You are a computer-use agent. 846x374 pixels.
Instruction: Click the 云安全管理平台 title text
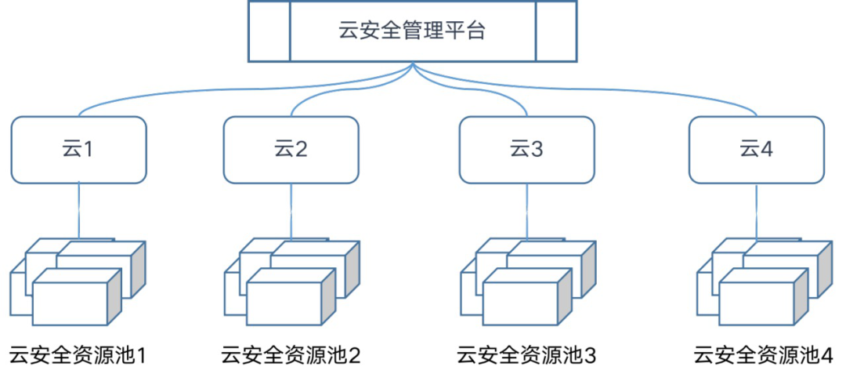(x=412, y=31)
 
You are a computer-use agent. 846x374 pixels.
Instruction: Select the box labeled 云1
(x=78, y=149)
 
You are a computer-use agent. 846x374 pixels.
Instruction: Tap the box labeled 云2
(x=291, y=149)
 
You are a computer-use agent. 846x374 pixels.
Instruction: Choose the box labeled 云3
(x=526, y=149)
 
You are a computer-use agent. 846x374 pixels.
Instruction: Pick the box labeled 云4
(x=756, y=149)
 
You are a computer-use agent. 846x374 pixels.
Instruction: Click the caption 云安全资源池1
(x=78, y=355)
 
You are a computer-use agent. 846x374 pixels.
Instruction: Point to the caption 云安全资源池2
(x=291, y=355)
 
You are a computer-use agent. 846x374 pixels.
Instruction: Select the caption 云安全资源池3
(x=526, y=355)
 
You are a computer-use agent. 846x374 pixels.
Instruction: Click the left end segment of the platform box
(x=269, y=31)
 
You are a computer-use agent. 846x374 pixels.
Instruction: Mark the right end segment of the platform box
(x=555, y=31)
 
